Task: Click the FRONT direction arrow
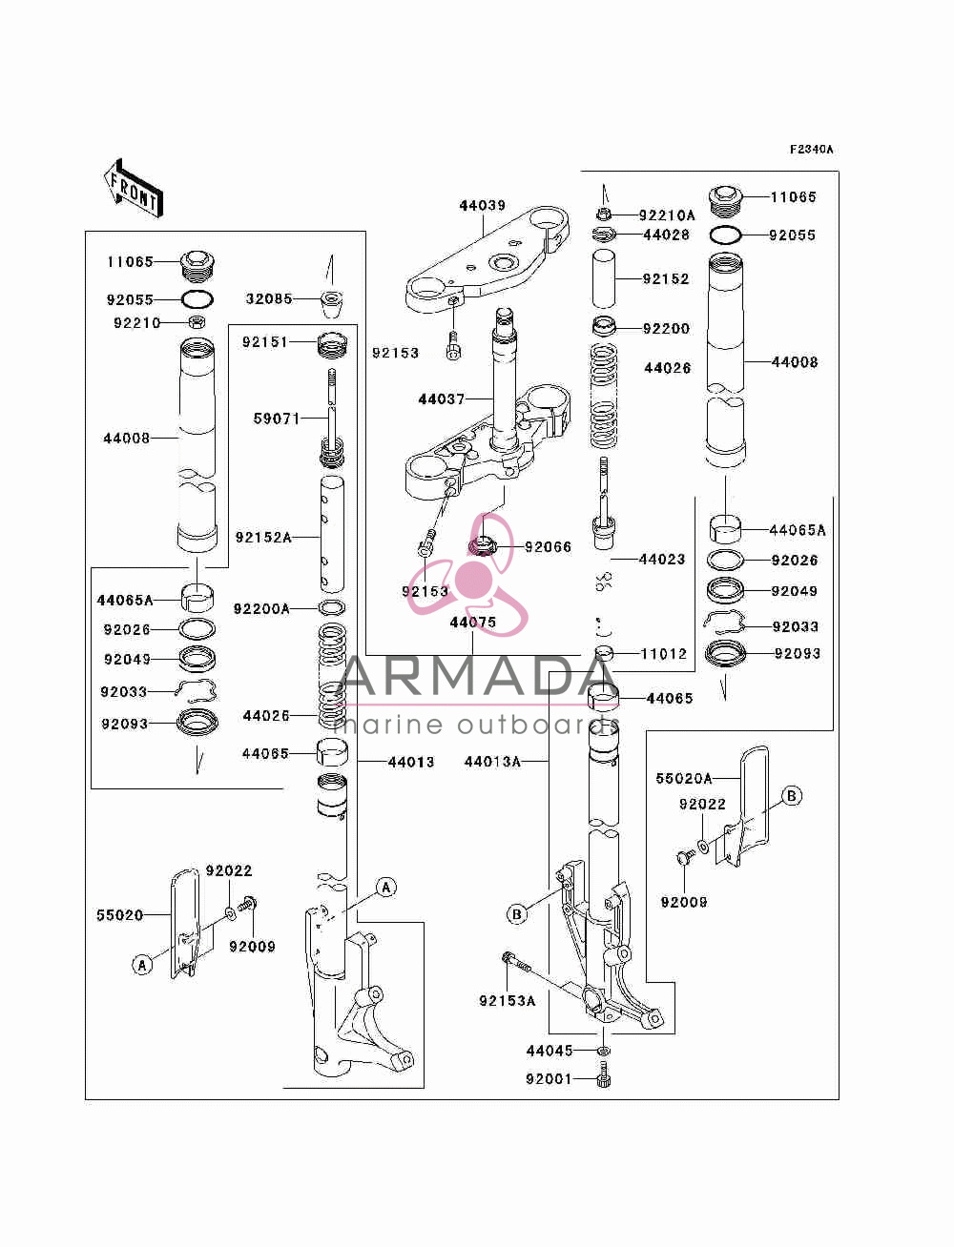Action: (134, 188)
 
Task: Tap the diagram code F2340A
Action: (811, 150)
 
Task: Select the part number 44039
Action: (482, 206)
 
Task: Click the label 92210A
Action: (666, 215)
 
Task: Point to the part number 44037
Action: (441, 399)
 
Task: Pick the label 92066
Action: (548, 547)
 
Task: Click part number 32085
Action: (268, 298)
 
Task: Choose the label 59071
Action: (277, 419)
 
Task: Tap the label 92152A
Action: (263, 537)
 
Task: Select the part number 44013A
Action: (492, 762)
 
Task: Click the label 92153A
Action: (508, 1000)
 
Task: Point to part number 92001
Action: (548, 1078)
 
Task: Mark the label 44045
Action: (550, 1051)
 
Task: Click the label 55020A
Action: (683, 778)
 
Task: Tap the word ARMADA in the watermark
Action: (478, 676)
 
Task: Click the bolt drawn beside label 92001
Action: (604, 1074)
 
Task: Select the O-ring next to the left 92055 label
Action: (197, 298)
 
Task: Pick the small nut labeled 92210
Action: (197, 322)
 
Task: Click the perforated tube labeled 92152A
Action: (332, 535)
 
